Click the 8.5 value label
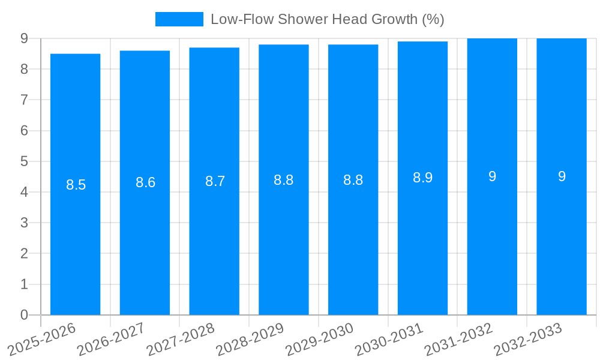76,185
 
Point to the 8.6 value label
146,183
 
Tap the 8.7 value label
215,181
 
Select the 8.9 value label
422,178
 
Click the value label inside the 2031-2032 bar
492,176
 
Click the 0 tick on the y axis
24,315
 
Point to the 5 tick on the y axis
24,161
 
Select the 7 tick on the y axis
24,100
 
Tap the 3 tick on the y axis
24,223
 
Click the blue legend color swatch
179,19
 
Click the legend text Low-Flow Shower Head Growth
327,19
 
